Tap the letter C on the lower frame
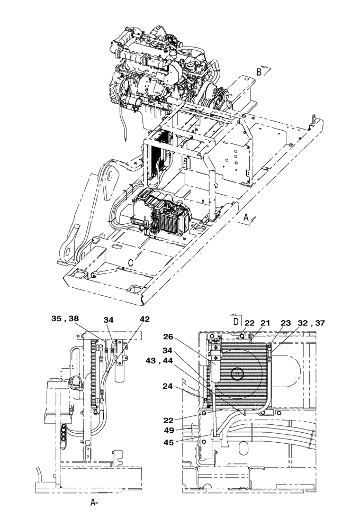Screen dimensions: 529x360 [x=131, y=261]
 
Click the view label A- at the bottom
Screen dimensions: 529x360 [x=93, y=503]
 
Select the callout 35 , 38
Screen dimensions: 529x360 [x=65, y=319]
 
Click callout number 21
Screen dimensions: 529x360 [x=265, y=323]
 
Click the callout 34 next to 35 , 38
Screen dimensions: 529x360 [x=109, y=319]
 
